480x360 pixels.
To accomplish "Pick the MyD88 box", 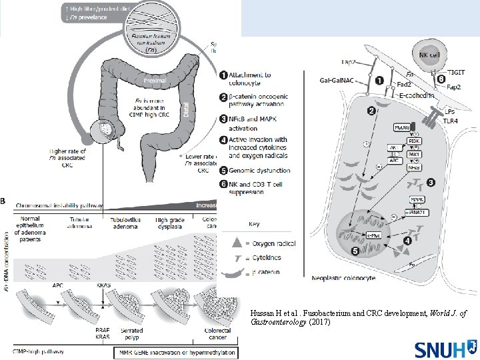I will (403, 127).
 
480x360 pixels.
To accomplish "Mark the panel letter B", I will (6, 199).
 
